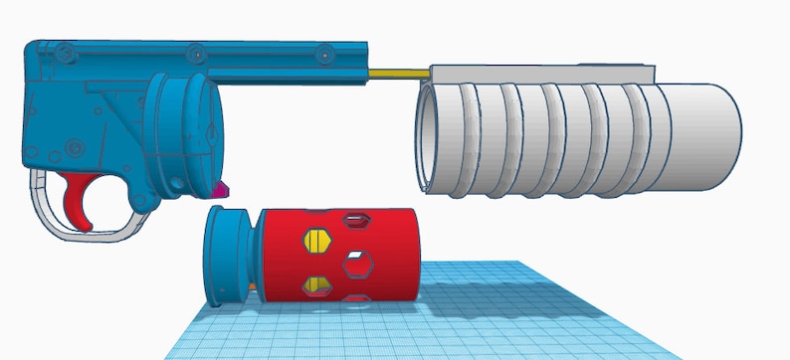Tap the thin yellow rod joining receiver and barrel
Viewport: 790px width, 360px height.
(398, 72)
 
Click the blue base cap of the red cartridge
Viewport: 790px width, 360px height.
(224, 256)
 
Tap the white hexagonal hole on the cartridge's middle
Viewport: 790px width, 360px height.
(356, 264)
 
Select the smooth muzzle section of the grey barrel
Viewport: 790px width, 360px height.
(696, 137)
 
